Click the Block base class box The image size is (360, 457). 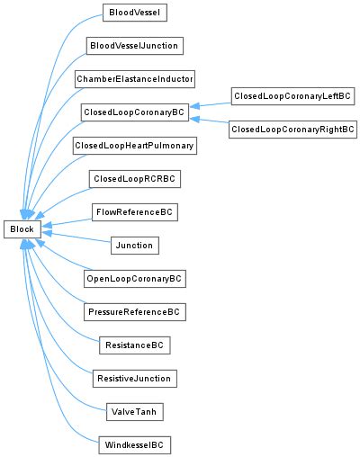pos(22,229)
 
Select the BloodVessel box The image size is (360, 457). pos(135,13)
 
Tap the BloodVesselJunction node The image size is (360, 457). pos(135,46)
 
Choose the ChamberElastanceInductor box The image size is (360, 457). pos(135,79)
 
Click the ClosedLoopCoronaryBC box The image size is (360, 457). pos(135,112)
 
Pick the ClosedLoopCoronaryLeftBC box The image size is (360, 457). pos(292,95)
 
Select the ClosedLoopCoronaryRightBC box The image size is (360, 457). pos(292,130)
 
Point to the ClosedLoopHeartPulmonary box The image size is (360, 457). pos(135,146)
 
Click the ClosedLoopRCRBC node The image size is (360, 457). pos(135,179)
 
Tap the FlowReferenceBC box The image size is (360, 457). pos(135,212)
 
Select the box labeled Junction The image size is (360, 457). pos(135,246)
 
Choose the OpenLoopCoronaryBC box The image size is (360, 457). pos(135,279)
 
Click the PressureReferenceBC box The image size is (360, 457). pos(135,312)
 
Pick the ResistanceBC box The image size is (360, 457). pos(135,345)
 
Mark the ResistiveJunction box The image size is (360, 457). pos(135,379)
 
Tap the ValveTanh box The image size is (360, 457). pos(135,412)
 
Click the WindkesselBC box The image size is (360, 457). pos(135,445)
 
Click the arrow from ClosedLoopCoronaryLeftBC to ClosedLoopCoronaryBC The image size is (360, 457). pos(211,103)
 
